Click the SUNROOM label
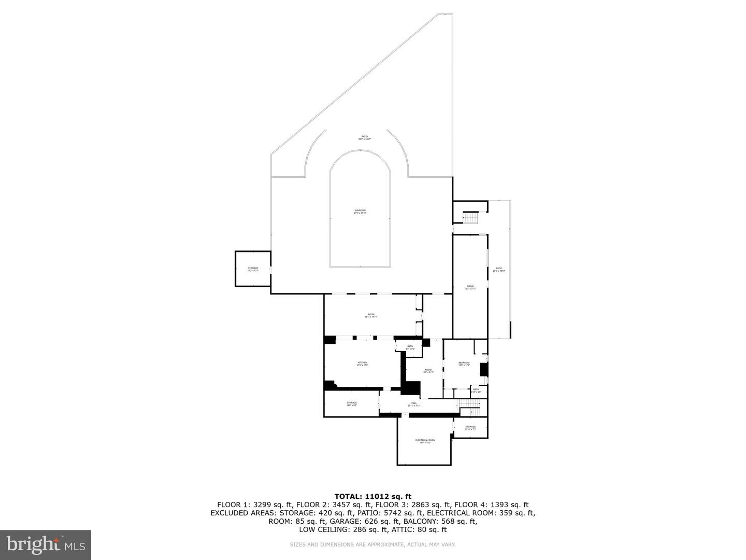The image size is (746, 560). [x=360, y=212]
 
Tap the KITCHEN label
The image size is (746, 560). [x=362, y=363]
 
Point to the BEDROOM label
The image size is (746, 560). [x=464, y=363]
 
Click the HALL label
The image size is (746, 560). [x=414, y=404]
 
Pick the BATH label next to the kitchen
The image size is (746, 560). [x=410, y=347]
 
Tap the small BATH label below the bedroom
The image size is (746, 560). [x=476, y=390]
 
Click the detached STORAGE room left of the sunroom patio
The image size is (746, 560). [x=253, y=269]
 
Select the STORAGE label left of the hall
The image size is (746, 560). [x=352, y=403]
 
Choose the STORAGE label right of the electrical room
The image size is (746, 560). [x=470, y=428]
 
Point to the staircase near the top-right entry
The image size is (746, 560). [x=470, y=218]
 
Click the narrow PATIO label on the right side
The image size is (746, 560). [x=499, y=269]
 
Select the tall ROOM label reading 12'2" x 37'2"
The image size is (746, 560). [x=470, y=287]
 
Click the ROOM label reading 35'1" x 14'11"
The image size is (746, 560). [x=371, y=315]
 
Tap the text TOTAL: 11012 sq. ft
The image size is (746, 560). [x=372, y=496]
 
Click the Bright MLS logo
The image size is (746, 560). [x=46, y=544]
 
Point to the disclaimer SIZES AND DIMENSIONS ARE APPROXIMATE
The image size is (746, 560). [x=372, y=544]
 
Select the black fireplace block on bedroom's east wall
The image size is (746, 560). [x=484, y=369]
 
